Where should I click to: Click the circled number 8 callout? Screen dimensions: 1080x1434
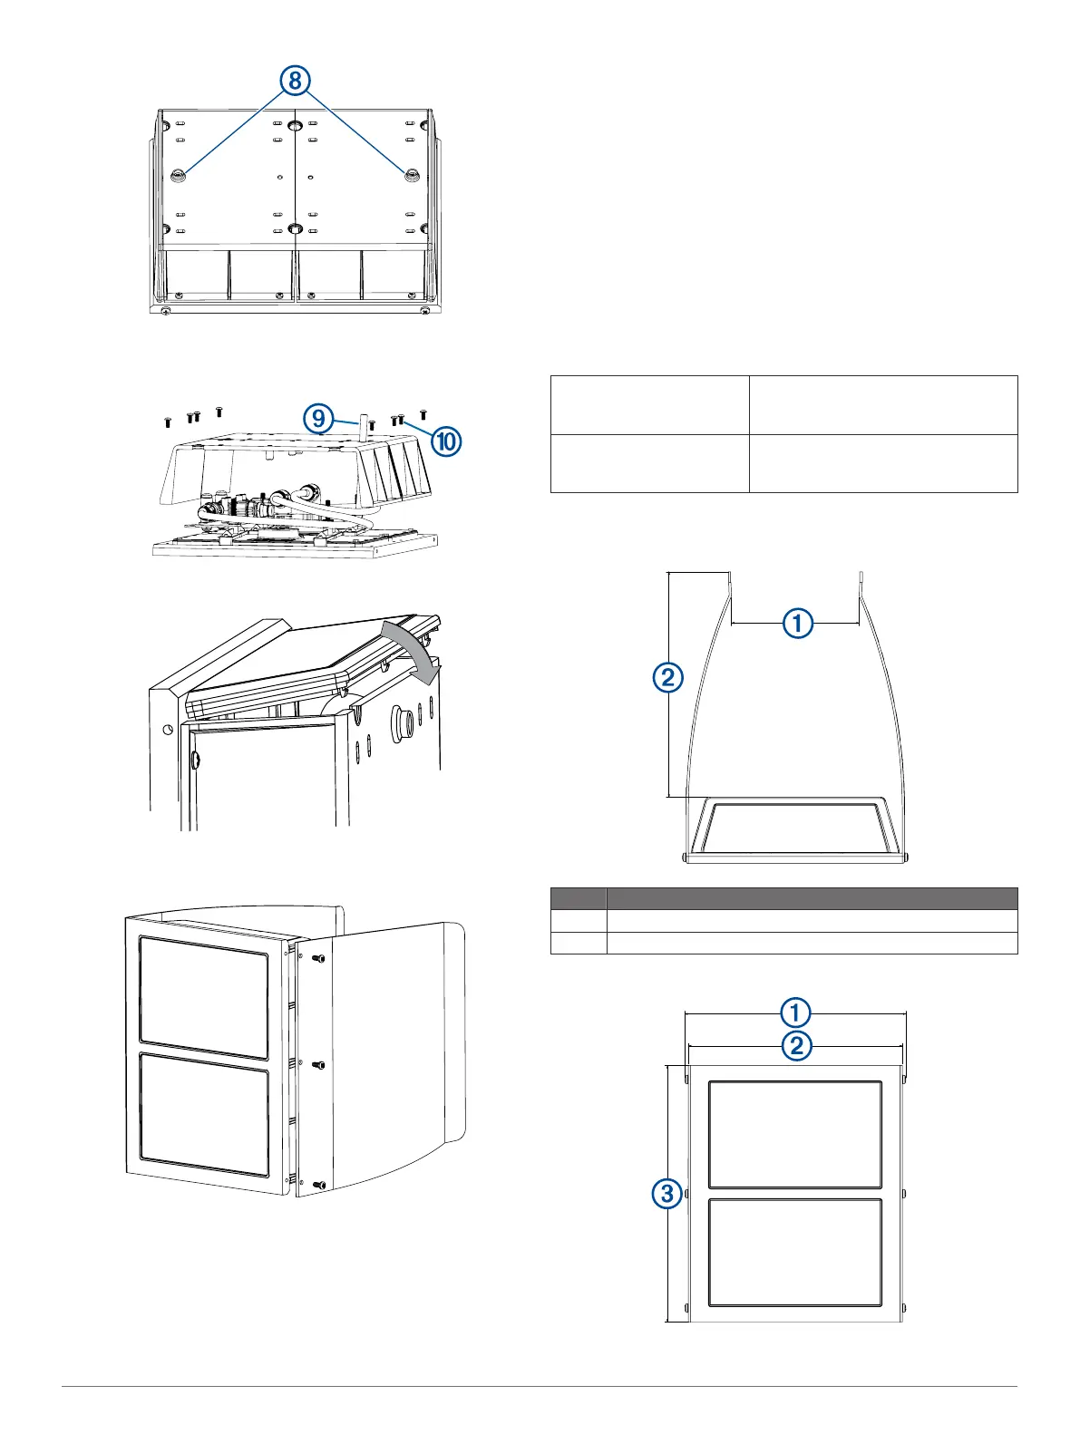[x=295, y=81]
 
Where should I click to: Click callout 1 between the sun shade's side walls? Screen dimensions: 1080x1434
[x=798, y=624]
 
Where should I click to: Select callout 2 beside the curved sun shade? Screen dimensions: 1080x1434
[x=667, y=677]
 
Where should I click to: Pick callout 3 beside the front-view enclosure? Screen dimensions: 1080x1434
[x=667, y=1193]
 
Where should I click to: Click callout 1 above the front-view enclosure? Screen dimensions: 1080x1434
[x=795, y=1013]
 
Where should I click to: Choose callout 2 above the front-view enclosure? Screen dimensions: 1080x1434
[x=795, y=1046]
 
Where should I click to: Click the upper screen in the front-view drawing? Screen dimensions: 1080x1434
[x=794, y=1134]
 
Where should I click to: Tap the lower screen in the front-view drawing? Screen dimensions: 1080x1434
[x=794, y=1253]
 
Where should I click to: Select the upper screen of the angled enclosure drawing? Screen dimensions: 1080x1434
[x=204, y=997]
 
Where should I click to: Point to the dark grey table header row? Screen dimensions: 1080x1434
[x=783, y=898]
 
